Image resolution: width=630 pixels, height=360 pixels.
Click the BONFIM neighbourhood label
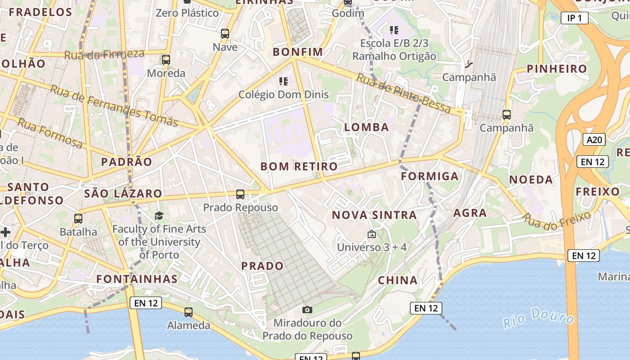[298, 52]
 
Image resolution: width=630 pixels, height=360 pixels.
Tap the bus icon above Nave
[225, 34]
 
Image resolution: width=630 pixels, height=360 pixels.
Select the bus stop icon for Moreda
[166, 60]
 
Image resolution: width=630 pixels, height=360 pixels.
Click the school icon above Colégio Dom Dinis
[283, 81]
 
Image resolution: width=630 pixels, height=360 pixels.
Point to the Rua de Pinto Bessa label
[403, 93]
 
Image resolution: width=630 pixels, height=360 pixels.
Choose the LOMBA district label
[367, 127]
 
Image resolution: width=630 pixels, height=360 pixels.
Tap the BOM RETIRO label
[299, 166]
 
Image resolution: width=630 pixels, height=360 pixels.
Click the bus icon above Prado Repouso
[240, 194]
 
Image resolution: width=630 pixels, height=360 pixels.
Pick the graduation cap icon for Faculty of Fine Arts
[159, 216]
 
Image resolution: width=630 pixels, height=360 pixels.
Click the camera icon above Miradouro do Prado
[307, 310]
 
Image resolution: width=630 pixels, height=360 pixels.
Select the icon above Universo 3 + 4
[372, 234]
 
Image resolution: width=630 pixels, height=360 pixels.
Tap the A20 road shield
[594, 139]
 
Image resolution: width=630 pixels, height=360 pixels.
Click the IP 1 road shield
[575, 18]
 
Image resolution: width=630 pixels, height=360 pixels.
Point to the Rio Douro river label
[539, 318]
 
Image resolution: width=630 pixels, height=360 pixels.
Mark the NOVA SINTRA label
[374, 215]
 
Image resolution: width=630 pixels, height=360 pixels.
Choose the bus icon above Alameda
[189, 312]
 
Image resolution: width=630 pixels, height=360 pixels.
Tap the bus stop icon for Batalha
[78, 219]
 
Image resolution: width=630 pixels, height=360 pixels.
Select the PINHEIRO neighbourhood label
[557, 69]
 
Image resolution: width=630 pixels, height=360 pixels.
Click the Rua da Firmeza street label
[104, 54]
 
